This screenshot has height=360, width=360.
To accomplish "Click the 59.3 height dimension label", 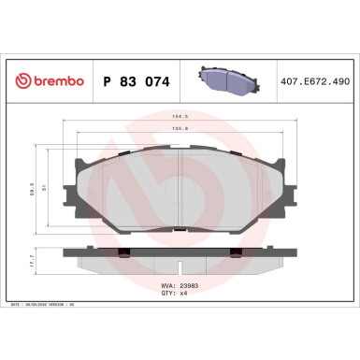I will click(35, 188).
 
